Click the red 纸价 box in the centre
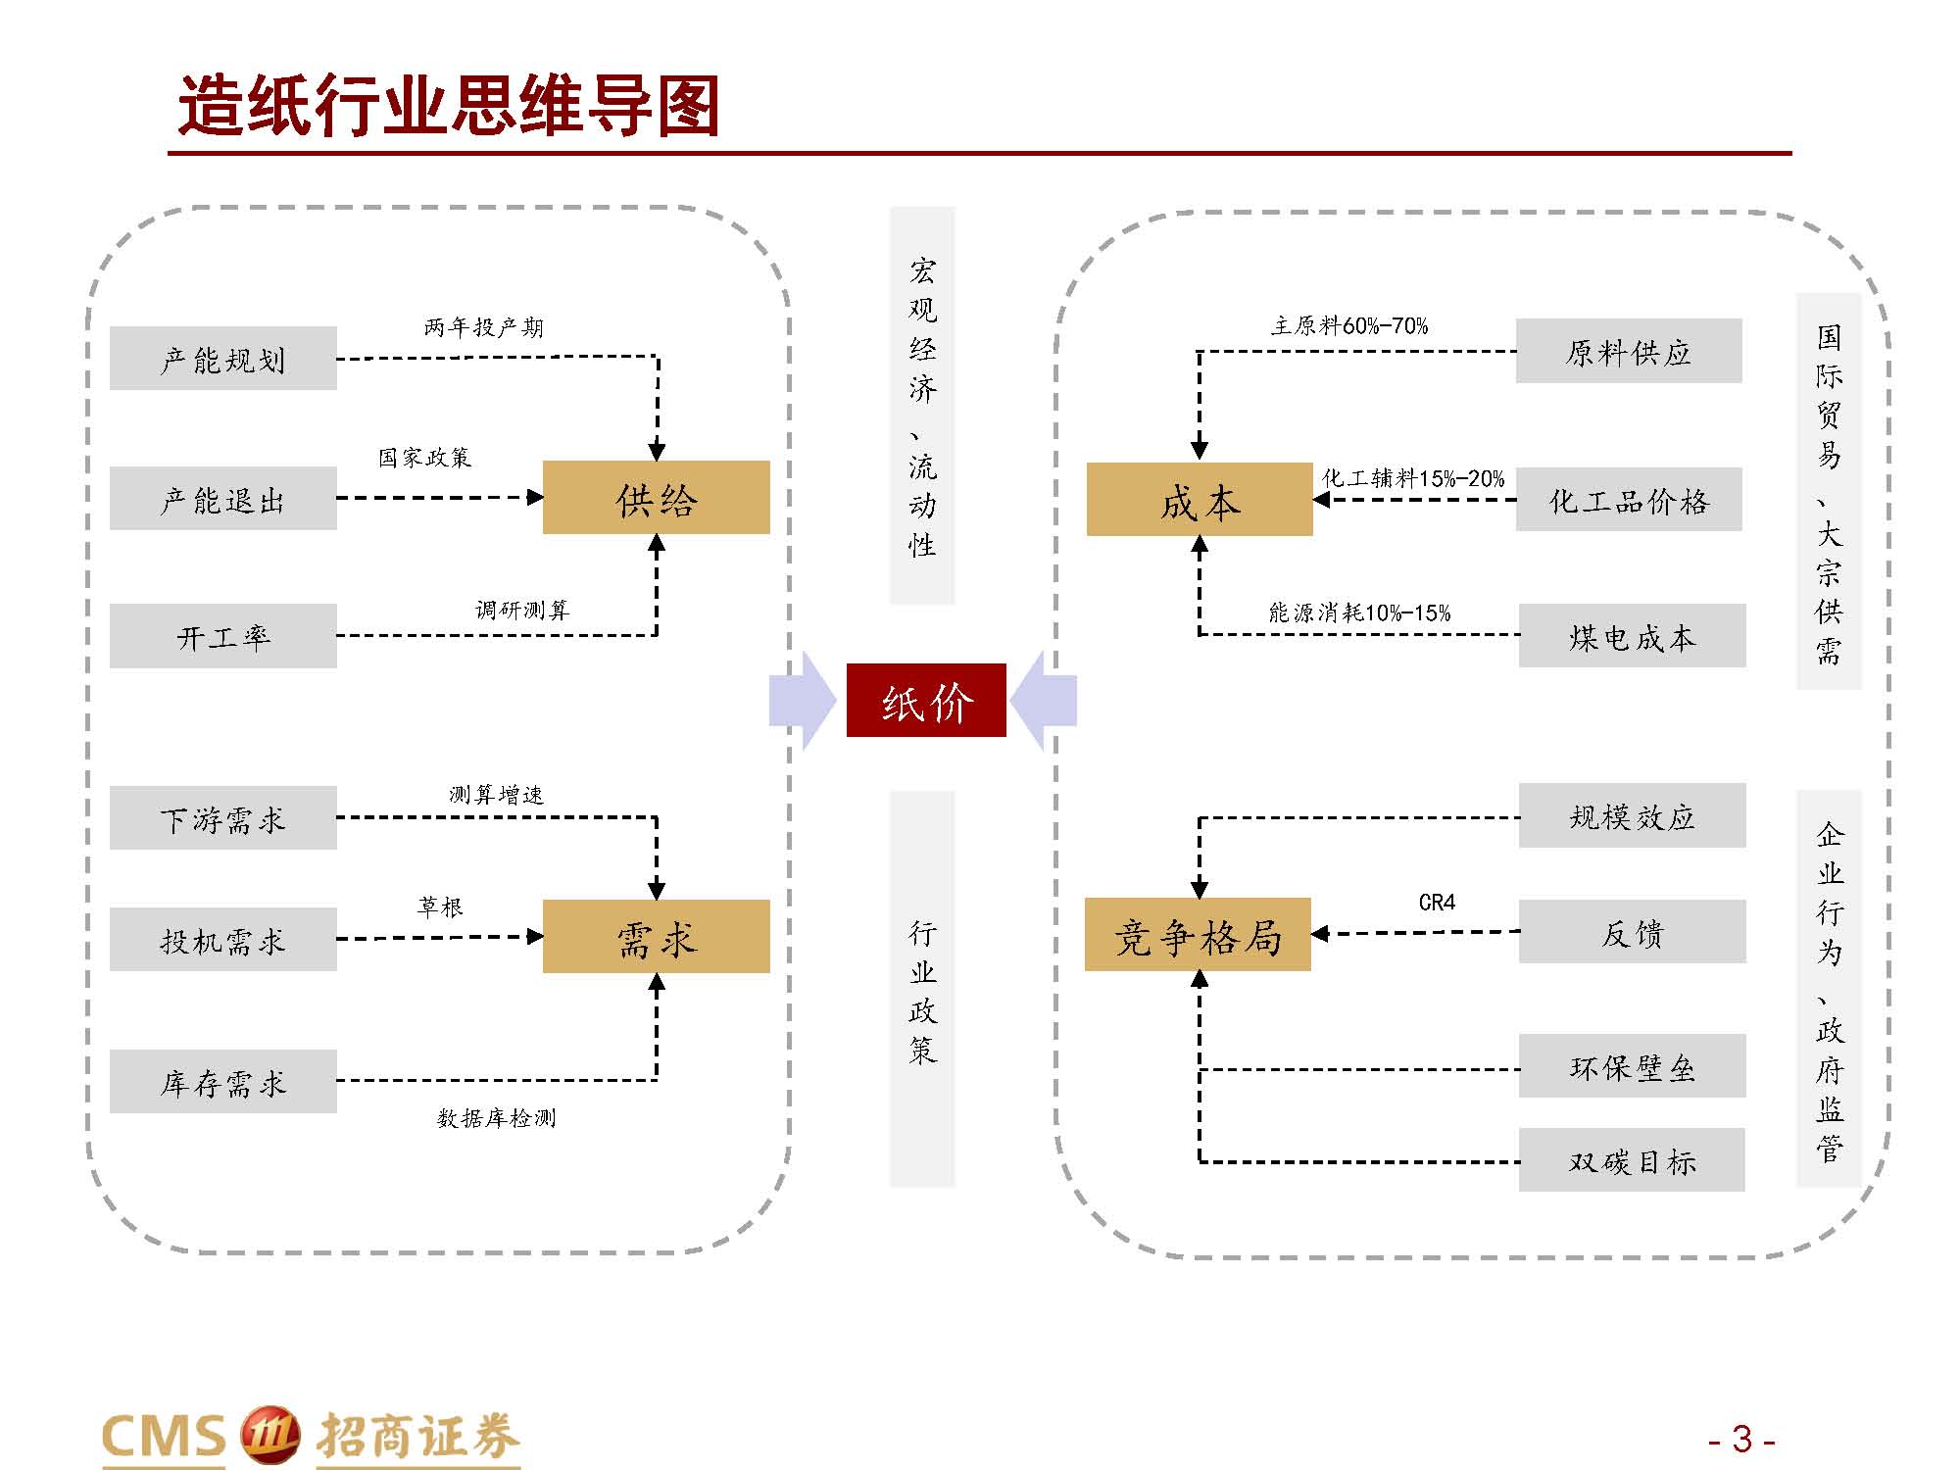(x=926, y=700)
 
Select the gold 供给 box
(x=656, y=498)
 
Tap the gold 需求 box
(x=656, y=936)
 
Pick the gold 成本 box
(x=1200, y=499)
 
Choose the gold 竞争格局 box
(x=1198, y=934)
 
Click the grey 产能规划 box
(x=223, y=359)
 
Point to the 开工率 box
(x=223, y=636)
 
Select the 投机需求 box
(x=223, y=939)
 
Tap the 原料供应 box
(x=1629, y=351)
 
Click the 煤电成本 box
(x=1632, y=636)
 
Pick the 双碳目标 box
(x=1632, y=1160)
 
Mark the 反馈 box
(x=1632, y=932)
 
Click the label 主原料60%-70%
(x=1349, y=325)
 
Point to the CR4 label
(x=1437, y=902)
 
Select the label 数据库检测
(x=496, y=1117)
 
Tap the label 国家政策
(x=424, y=457)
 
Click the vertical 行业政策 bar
(x=922, y=990)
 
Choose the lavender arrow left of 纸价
(x=803, y=701)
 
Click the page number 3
(x=1741, y=1439)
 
